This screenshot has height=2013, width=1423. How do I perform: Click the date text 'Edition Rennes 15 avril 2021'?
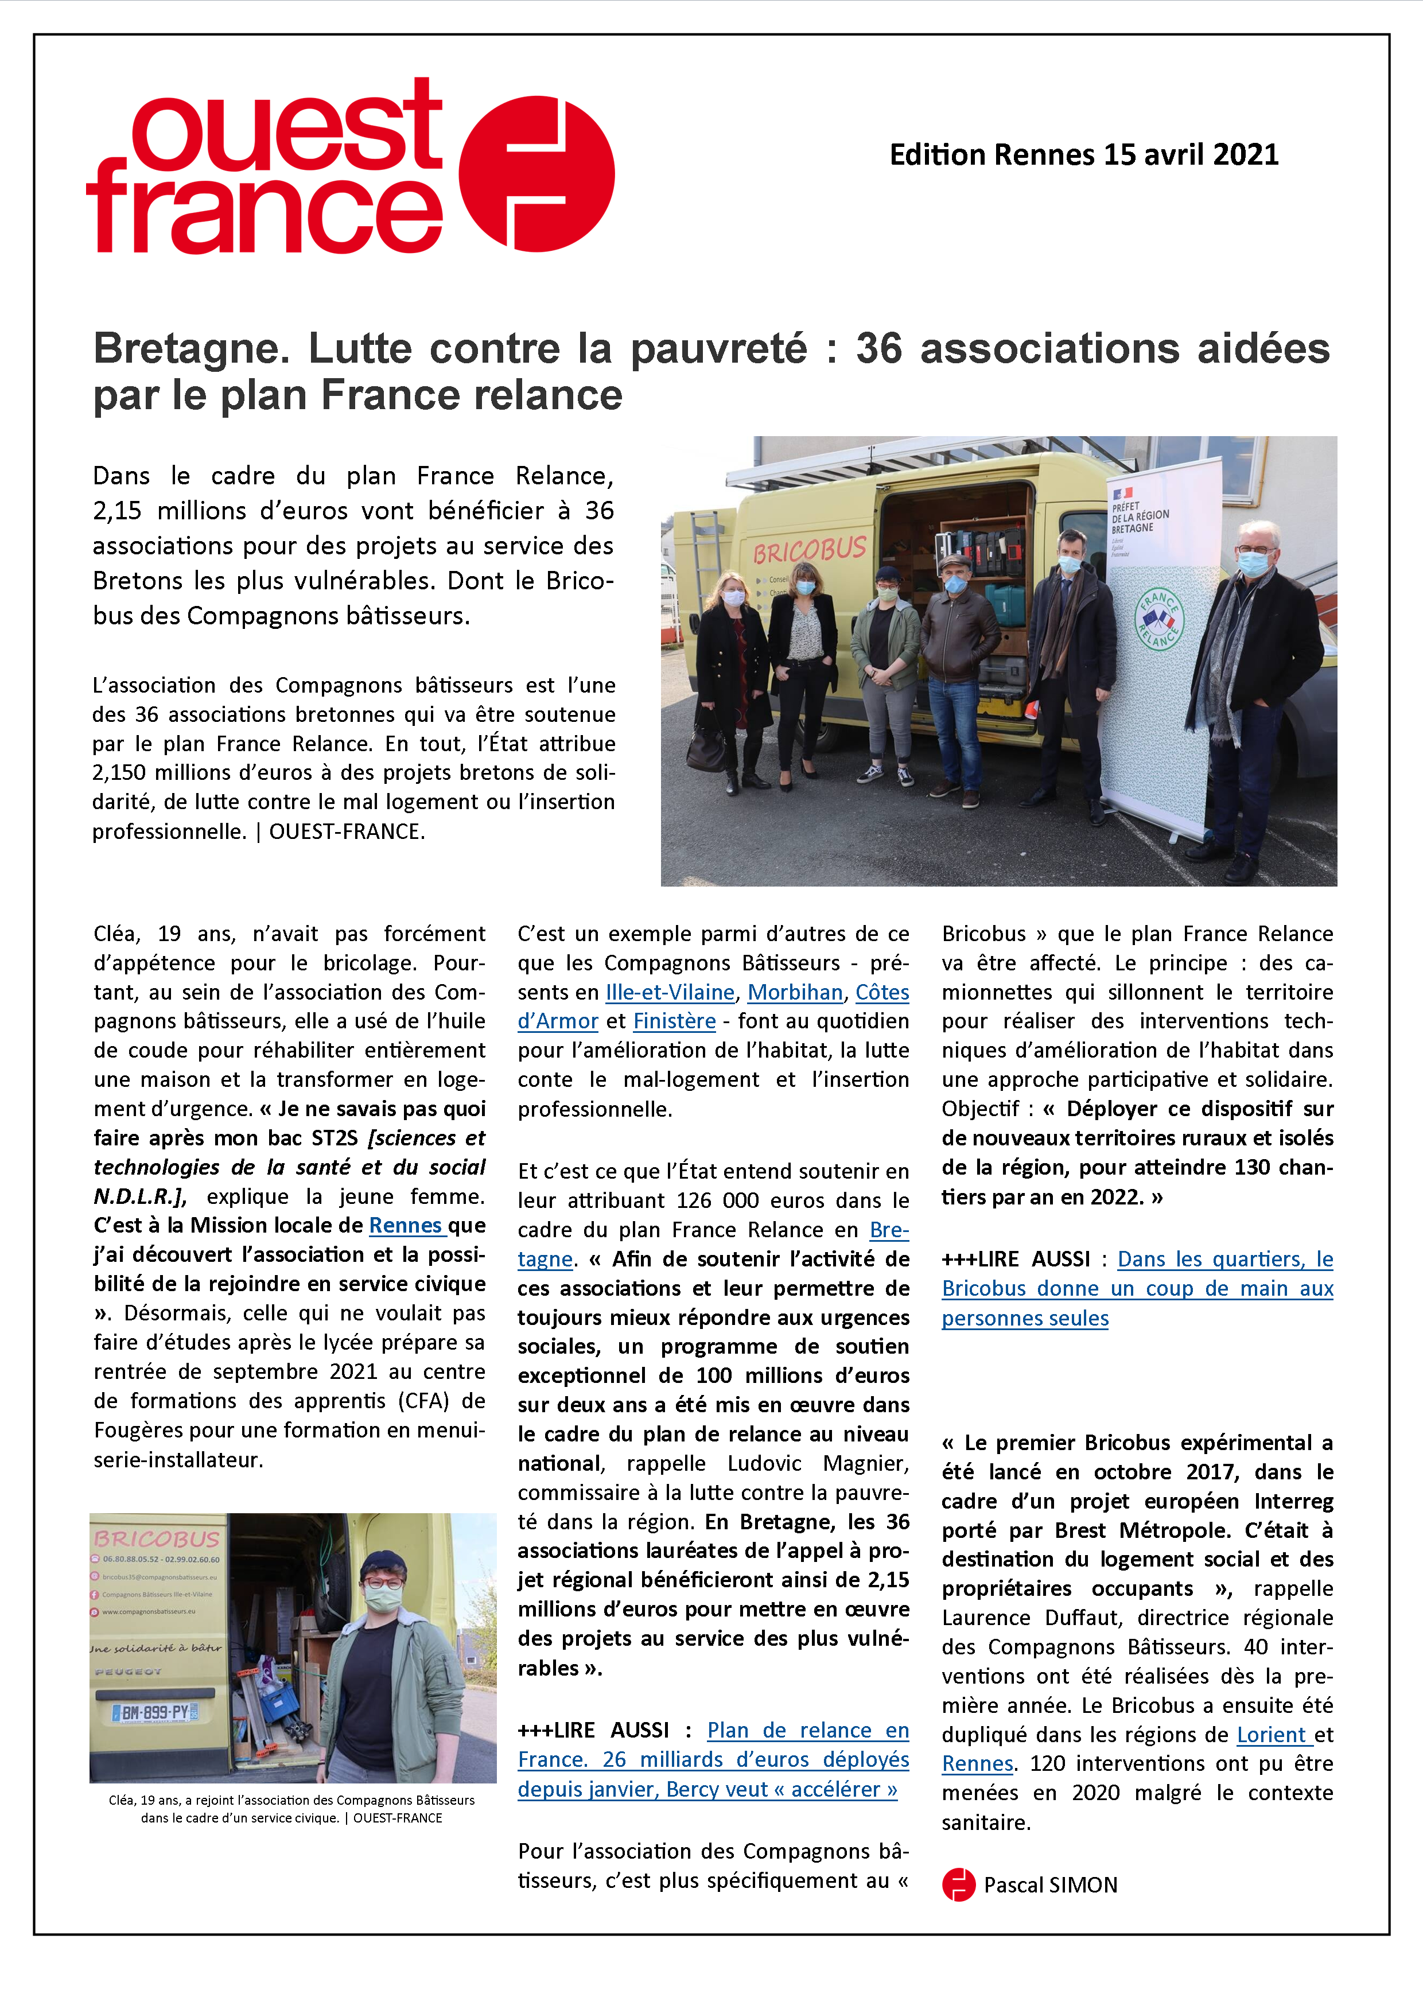pyautogui.click(x=1084, y=155)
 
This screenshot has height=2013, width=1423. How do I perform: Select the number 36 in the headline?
pyautogui.click(x=878, y=349)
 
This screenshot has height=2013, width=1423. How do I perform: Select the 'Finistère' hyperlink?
pyautogui.click(x=674, y=1021)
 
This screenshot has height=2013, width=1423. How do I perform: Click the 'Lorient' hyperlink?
pyautogui.click(x=1272, y=1734)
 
